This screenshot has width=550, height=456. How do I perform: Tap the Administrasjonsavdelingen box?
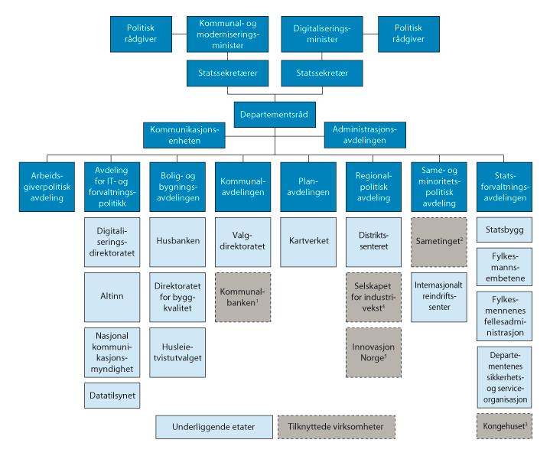pos(365,135)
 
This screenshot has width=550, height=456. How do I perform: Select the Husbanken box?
pos(177,239)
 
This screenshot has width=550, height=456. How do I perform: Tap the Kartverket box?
pos(308,239)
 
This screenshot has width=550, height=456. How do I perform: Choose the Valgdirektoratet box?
pos(242,239)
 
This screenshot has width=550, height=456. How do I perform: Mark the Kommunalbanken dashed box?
pos(242,297)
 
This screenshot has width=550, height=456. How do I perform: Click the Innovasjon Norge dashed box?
pos(374,352)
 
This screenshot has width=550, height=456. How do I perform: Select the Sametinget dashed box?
pos(439,239)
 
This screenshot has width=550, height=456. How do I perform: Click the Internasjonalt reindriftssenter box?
pos(439,297)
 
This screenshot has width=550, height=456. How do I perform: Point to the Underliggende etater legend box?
pos(213,426)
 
